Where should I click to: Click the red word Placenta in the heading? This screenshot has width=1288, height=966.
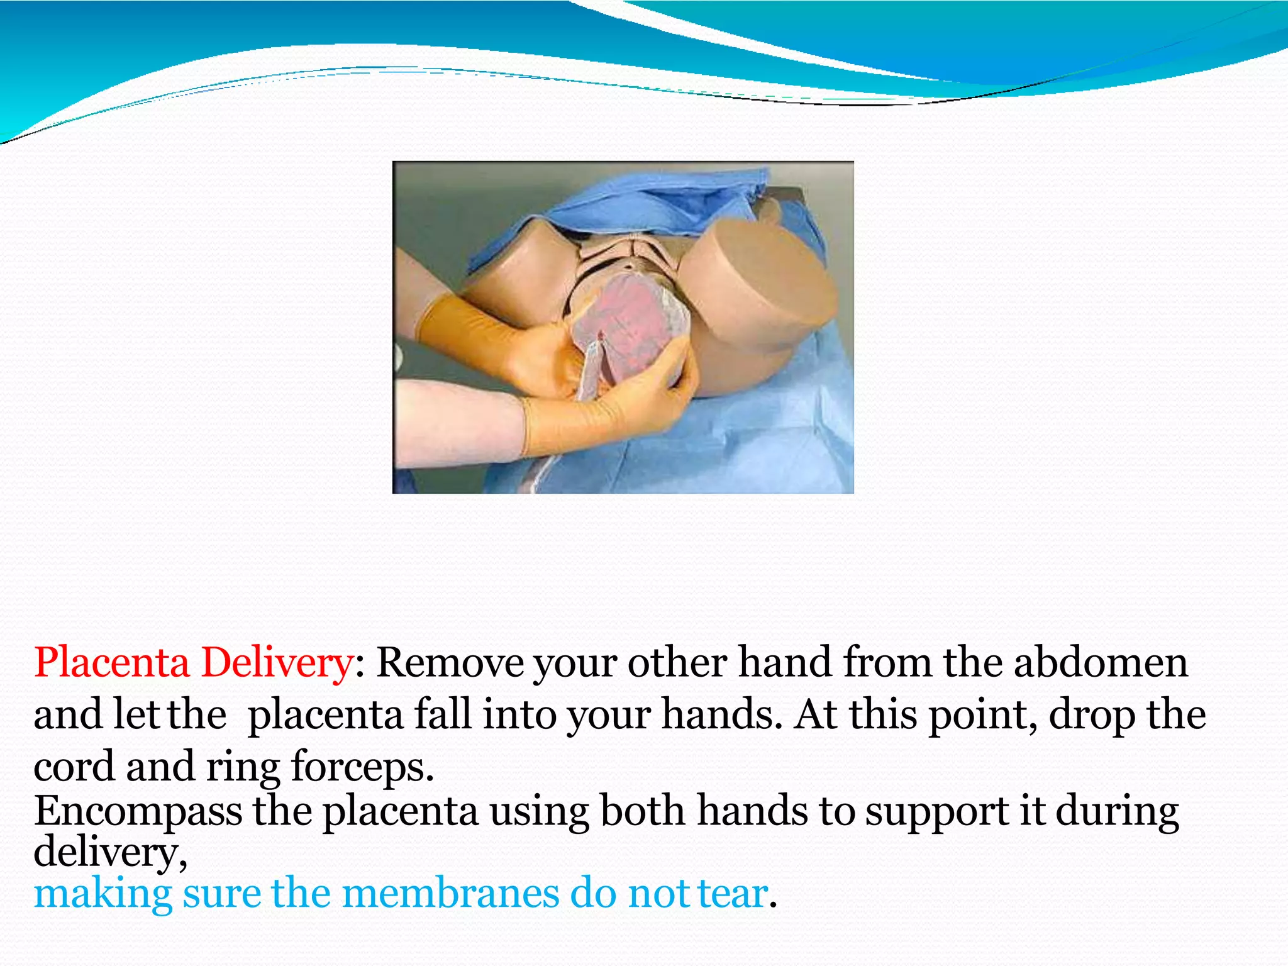[x=111, y=663]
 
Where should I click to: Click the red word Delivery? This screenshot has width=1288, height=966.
[x=277, y=663]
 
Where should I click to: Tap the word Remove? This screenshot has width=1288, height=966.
[x=450, y=663]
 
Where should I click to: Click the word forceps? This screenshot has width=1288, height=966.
[x=362, y=767]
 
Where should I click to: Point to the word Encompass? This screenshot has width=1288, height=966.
[x=138, y=812]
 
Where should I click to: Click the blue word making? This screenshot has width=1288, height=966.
[x=103, y=894]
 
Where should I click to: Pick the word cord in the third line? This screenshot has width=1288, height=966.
[x=74, y=767]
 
